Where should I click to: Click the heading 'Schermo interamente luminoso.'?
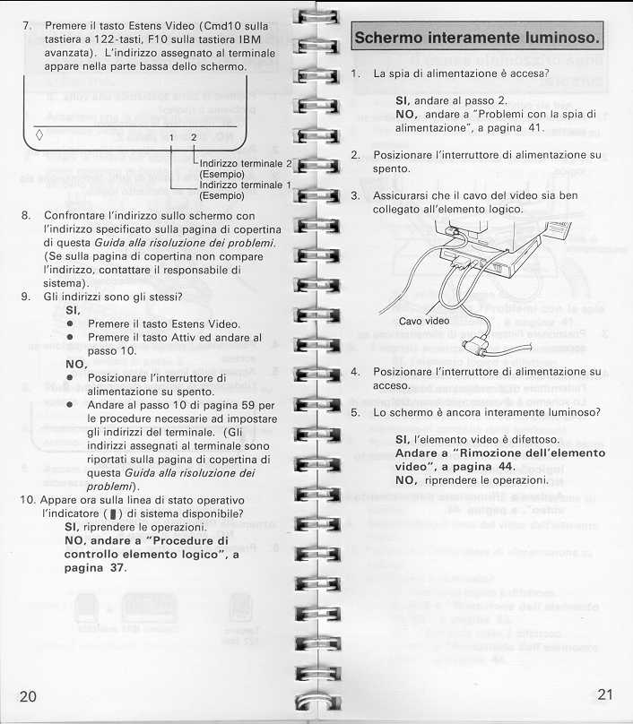[476, 39]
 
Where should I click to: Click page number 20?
[28, 697]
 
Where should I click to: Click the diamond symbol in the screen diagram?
[39, 135]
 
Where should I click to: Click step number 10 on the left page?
[28, 499]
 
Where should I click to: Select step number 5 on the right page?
[355, 413]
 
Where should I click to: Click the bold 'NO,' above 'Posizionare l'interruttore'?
[78, 365]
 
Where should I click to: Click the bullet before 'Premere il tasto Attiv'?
[69, 338]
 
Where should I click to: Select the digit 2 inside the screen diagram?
[193, 136]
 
